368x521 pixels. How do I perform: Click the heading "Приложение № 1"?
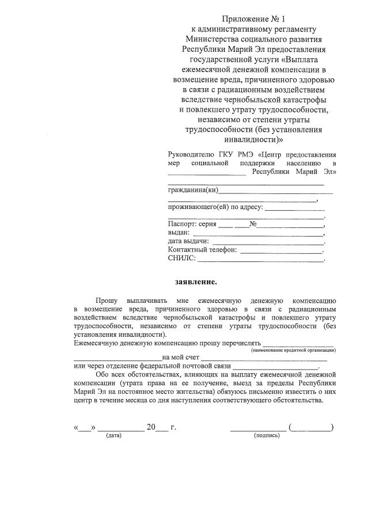(x=253, y=19)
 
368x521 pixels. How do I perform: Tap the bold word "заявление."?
(x=196, y=282)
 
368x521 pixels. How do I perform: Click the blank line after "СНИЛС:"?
(x=261, y=260)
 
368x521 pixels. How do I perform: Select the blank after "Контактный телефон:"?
(x=281, y=251)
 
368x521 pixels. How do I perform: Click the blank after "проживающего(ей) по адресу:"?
(x=295, y=208)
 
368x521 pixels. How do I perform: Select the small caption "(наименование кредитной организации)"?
(x=294, y=350)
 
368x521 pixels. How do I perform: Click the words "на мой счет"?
(x=181, y=358)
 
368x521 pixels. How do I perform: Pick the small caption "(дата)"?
(x=113, y=435)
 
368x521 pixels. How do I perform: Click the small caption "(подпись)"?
(x=267, y=435)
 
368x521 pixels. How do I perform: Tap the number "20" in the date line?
(x=151, y=427)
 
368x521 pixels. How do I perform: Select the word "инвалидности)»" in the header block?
(x=253, y=139)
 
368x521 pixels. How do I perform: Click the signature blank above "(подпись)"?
(x=258, y=428)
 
